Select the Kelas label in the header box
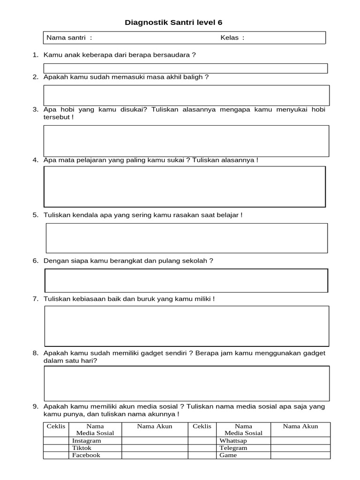pyautogui.click(x=232, y=37)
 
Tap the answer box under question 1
pyautogui.click(x=186, y=68)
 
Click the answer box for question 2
pyautogui.click(x=186, y=95)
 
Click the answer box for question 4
pyautogui.click(x=185, y=186)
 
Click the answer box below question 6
pyautogui.click(x=186, y=280)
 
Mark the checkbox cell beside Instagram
pyautogui.click(x=56, y=441)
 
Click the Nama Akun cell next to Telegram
pyautogui.click(x=300, y=448)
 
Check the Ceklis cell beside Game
pyautogui.click(x=202, y=455)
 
